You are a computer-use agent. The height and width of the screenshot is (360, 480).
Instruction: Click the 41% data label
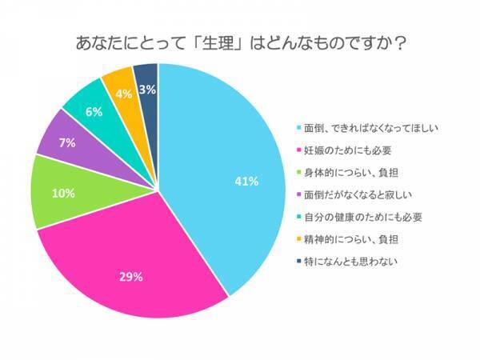click(246, 182)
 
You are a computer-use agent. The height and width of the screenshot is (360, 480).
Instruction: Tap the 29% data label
click(130, 277)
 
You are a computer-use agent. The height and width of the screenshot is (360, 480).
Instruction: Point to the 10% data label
click(63, 193)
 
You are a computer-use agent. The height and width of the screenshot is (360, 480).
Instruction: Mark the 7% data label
click(66, 143)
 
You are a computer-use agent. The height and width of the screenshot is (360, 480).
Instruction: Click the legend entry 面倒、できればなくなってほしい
click(368, 128)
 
